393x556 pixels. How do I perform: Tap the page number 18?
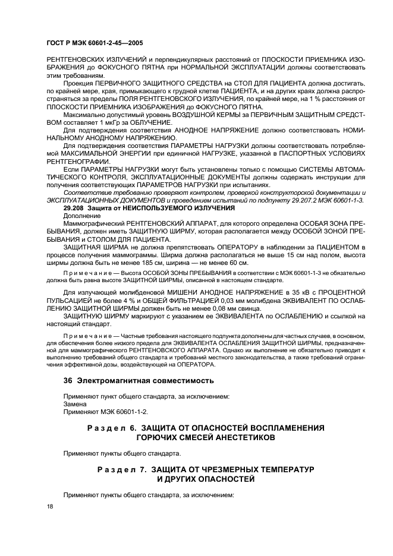50,506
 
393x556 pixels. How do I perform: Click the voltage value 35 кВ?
292,292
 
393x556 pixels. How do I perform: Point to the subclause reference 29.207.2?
307,201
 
